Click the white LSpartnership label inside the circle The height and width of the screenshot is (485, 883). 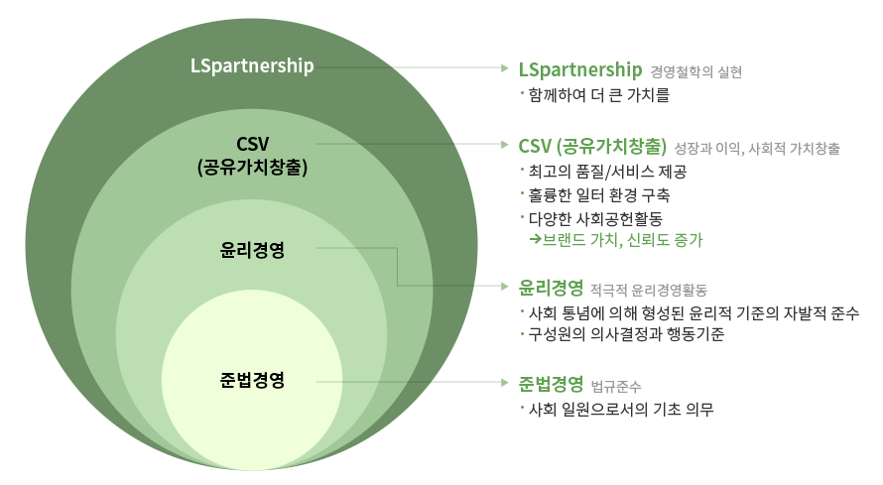252,66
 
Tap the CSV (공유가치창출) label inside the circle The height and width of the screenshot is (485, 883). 252,155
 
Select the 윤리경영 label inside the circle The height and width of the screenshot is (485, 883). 252,249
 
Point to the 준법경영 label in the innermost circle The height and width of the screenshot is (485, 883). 252,380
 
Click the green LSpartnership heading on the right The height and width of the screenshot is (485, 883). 580,69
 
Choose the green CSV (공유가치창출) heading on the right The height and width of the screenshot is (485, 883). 591,146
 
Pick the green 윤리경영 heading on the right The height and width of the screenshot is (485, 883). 550,289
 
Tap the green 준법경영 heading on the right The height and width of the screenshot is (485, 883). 550,384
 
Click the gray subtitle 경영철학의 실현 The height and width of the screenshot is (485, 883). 696,71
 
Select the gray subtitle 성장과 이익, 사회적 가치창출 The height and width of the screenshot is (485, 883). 756,148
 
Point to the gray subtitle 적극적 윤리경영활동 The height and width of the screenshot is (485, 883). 648,291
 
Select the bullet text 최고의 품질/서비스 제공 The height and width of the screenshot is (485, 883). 608,172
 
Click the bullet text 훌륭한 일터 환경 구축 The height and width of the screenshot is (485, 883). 600,194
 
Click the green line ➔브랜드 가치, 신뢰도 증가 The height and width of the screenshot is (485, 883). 619,239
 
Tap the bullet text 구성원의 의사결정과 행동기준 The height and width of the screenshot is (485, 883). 627,335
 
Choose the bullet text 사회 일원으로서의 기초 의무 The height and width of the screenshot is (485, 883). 622,408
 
